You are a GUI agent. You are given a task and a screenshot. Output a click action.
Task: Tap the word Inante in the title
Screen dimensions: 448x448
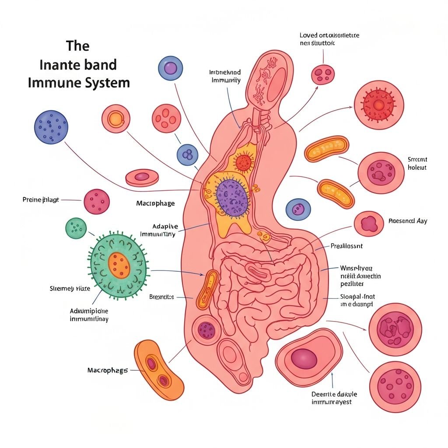56,65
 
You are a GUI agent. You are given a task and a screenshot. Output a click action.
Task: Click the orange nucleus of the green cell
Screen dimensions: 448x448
119,265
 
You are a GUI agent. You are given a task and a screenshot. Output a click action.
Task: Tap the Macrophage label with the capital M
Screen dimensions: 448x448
155,203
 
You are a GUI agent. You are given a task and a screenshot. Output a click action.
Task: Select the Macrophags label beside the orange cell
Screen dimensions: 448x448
108,371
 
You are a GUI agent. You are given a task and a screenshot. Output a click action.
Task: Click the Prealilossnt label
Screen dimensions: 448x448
346,246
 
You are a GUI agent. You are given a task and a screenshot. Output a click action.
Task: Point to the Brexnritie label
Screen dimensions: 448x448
161,297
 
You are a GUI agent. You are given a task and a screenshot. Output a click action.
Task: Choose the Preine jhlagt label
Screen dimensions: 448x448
41,200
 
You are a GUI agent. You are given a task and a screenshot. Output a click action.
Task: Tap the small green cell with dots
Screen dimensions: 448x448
76,228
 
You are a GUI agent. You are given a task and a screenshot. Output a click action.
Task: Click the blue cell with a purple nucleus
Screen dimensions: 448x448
170,68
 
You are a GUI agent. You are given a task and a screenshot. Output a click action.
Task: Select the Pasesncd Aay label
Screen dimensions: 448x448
408,221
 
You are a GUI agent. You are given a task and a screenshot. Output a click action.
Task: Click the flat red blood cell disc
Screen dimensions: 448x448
142,177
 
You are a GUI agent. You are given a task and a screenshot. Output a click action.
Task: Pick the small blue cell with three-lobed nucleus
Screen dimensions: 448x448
187,155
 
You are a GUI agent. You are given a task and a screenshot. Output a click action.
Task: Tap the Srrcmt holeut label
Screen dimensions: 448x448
417,164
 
